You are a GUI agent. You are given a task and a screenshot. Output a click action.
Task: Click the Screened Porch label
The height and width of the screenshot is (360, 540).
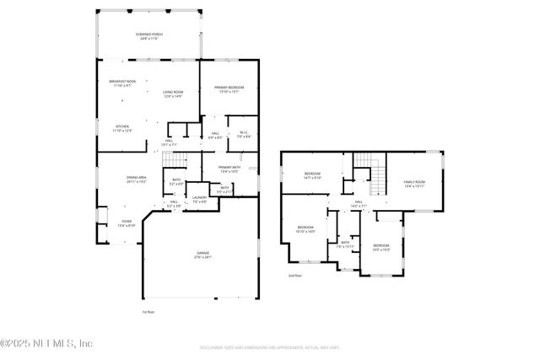(149, 36)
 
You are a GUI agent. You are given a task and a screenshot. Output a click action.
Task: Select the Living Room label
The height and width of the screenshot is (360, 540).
(172, 94)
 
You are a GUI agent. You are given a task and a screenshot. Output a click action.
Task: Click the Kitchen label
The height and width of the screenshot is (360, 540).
(122, 128)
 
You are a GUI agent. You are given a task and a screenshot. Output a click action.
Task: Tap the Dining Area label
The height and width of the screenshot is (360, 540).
(137, 179)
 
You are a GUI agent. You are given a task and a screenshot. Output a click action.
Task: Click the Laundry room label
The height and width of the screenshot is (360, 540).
(199, 201)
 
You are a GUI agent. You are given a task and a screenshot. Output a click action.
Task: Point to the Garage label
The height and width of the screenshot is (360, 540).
(202, 255)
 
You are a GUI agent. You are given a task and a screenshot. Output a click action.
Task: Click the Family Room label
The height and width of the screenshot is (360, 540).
(413, 183)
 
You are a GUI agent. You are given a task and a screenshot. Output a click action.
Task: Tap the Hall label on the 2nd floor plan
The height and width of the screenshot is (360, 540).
(358, 203)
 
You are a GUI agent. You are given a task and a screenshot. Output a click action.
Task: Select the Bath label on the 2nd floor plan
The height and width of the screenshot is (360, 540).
(345, 244)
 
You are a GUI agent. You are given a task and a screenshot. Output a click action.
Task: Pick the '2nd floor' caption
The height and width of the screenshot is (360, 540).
(294, 275)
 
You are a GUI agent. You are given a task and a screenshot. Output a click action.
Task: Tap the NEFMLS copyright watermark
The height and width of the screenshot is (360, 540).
(46, 343)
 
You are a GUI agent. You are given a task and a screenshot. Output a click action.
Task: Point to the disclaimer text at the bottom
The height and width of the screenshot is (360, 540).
(269, 347)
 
